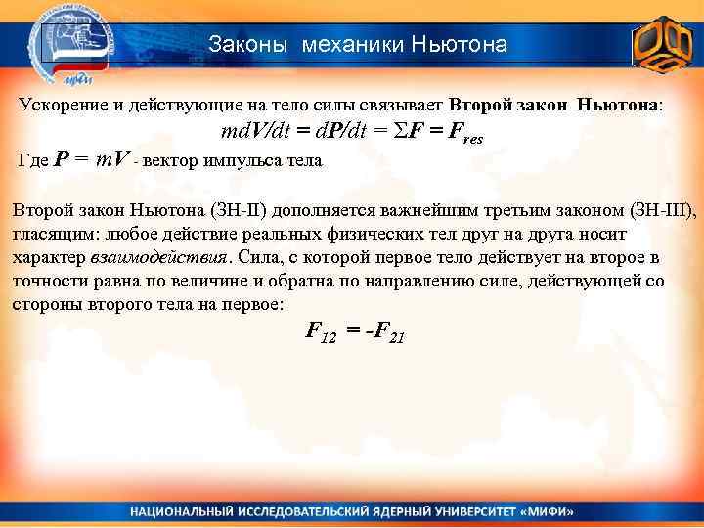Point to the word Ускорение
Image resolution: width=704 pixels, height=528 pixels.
[58, 105]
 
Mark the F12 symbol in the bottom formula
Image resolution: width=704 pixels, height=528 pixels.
[321, 332]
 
